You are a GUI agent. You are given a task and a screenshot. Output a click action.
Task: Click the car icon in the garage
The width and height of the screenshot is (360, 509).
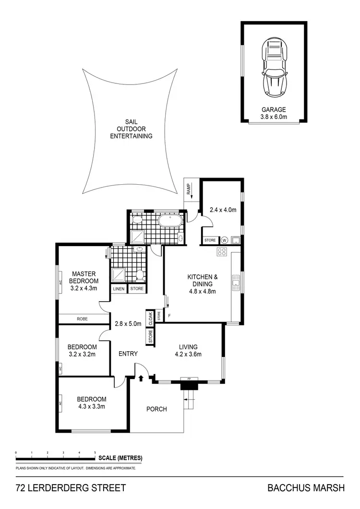[274, 68]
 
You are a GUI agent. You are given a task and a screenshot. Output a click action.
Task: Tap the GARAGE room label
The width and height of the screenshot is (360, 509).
[274, 109]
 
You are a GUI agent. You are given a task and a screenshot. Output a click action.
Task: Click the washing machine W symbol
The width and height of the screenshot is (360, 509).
[224, 240]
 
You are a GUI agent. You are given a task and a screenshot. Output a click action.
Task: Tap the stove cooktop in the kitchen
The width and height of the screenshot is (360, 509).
[222, 251]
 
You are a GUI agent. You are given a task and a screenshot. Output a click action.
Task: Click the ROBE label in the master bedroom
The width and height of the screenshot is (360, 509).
[83, 318]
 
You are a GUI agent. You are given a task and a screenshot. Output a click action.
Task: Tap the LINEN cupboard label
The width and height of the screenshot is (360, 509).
[119, 288]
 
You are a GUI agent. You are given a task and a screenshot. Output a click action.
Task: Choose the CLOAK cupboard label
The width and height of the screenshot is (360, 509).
[150, 317]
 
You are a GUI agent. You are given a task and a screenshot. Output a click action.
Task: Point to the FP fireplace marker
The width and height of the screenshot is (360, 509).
[189, 379]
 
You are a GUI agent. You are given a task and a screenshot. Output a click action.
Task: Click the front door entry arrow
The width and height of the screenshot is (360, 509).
[141, 379]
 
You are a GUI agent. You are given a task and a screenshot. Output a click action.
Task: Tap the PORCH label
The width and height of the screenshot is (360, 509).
[156, 409]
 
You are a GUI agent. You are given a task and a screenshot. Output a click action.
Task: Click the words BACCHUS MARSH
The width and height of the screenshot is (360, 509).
[306, 488]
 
